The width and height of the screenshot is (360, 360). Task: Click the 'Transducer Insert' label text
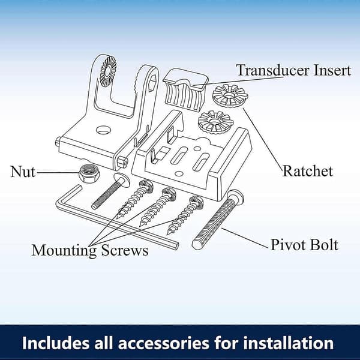click(x=294, y=70)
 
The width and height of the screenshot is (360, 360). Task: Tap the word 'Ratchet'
click(x=308, y=171)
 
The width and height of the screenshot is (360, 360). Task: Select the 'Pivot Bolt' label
click(x=304, y=245)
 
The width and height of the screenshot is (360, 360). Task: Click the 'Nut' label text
click(x=23, y=172)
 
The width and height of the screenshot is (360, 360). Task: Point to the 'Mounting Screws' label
click(x=90, y=251)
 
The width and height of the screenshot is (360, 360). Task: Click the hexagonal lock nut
click(x=89, y=173)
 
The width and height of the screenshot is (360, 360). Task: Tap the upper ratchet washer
click(x=230, y=95)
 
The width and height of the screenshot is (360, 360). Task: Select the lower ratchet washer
click(x=216, y=122)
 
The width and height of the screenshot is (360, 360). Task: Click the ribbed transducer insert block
click(x=185, y=90)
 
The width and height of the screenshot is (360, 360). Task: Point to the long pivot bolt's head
click(x=235, y=197)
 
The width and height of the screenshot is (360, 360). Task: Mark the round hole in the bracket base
click(x=103, y=130)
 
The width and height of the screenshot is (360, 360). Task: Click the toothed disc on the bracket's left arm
click(x=108, y=72)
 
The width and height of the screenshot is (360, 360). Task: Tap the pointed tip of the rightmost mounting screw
click(x=169, y=233)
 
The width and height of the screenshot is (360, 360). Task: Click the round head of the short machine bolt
click(x=122, y=179)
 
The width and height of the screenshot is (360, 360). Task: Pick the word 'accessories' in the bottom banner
click(x=163, y=343)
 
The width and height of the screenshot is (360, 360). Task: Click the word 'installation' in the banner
click(x=274, y=343)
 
